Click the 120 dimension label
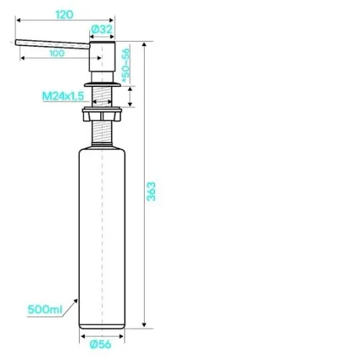(x=64, y=14)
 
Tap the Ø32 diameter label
(x=102, y=30)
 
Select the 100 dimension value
(x=57, y=53)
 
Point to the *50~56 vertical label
(x=125, y=65)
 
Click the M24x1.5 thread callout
(x=63, y=96)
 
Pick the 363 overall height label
(x=151, y=192)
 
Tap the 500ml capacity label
(x=45, y=310)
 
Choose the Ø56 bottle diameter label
(x=101, y=344)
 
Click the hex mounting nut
(x=102, y=115)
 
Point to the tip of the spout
(x=16, y=42)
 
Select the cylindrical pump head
(x=102, y=57)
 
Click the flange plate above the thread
(x=102, y=84)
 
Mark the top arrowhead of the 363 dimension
(x=144, y=45)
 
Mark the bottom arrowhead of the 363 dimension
(x=144, y=325)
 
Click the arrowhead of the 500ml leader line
(x=76, y=301)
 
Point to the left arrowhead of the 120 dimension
(x=18, y=20)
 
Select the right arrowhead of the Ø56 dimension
(x=122, y=336)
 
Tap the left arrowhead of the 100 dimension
(x=23, y=58)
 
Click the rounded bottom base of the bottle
(x=102, y=326)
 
